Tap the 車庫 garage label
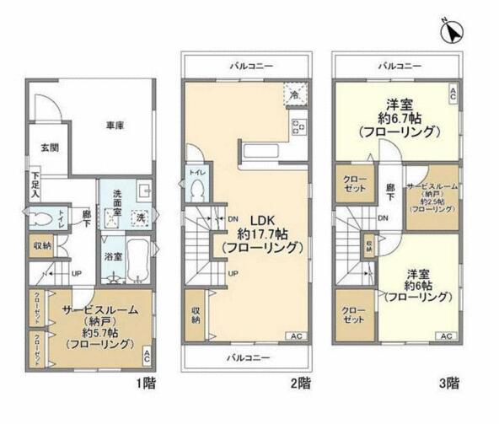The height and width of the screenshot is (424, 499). coord(115,125)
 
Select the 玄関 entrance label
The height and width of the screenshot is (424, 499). coord(50,147)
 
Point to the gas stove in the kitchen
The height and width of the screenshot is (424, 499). coord(298,126)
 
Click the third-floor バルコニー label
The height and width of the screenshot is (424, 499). coord(398,65)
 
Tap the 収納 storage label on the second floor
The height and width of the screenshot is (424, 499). coord(196,313)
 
